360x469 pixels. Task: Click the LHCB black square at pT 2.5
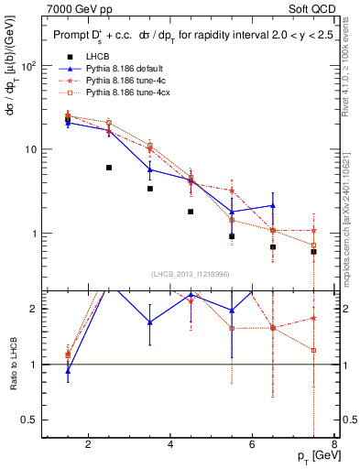click(x=109, y=168)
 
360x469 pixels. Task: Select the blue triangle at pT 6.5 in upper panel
click(x=272, y=206)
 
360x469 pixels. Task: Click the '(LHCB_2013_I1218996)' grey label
click(x=191, y=275)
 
